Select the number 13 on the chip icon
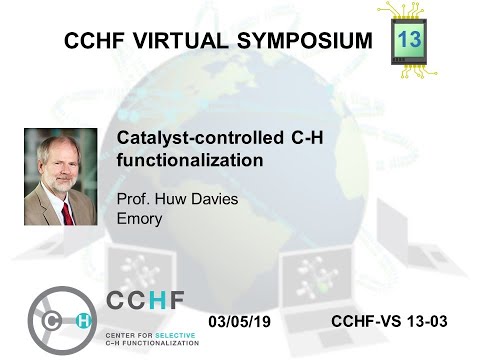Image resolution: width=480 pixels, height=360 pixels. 409,39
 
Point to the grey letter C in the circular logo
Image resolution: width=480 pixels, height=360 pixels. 50,320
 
